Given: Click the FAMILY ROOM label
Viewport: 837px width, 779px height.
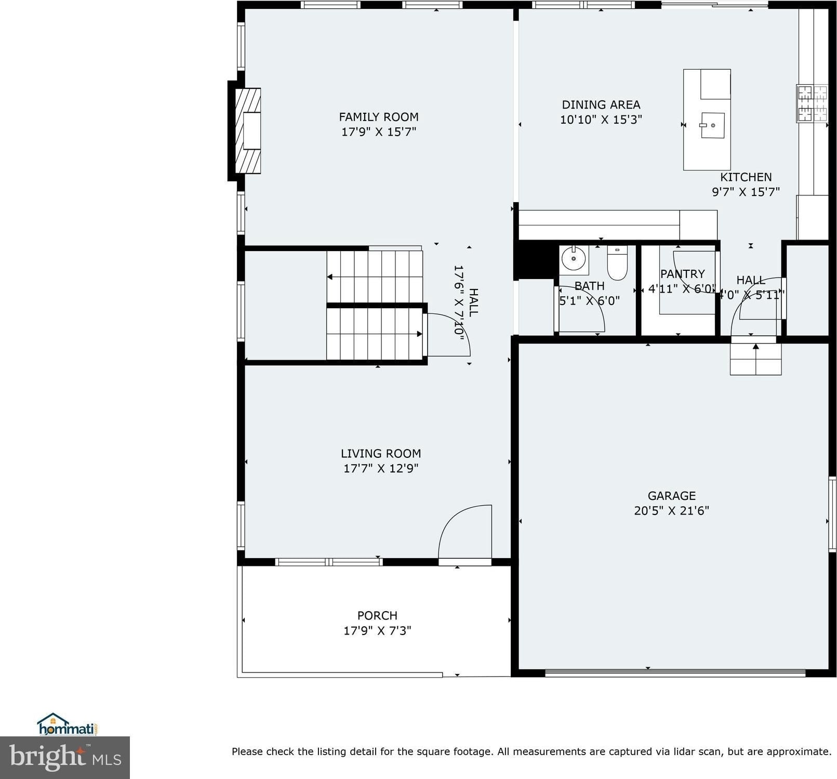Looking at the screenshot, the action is (379, 117).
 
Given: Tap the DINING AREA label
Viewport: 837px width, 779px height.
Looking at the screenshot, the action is (601, 104).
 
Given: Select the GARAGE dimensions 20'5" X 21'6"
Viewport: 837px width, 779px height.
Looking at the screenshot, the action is (671, 510).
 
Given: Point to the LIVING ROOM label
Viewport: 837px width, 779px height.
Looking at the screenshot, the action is (381, 453).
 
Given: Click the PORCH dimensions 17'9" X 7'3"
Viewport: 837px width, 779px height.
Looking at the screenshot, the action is (377, 630).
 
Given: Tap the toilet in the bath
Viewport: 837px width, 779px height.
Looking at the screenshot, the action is (617, 262).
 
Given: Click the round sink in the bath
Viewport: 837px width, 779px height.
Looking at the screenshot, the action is (574, 258).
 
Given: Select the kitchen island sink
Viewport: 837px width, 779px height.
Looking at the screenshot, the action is (712, 125).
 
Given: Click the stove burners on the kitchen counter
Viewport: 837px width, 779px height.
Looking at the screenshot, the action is (812, 103).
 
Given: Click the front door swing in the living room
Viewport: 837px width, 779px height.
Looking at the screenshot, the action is (465, 532).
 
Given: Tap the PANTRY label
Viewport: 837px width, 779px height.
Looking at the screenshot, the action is (682, 274).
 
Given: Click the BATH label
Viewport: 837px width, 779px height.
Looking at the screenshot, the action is (589, 286).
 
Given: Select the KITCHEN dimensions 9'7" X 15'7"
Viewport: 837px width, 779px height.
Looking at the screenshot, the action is (746, 192).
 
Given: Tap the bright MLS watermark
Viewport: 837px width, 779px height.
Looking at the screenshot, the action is (65, 757).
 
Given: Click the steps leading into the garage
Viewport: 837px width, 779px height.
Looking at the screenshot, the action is (755, 359).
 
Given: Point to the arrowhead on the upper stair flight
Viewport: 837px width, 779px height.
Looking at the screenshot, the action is (330, 277).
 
